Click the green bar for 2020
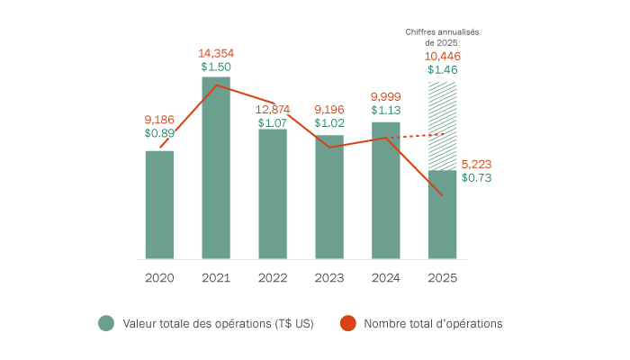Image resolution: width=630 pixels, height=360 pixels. click(x=159, y=205)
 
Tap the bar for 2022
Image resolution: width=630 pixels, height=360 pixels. click(x=273, y=194)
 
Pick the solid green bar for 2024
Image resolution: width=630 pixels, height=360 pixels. click(x=386, y=191)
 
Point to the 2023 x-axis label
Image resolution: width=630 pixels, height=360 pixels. click(x=329, y=278)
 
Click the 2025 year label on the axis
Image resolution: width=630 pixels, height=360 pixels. click(x=442, y=278)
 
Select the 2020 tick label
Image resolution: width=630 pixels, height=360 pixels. click(x=159, y=278)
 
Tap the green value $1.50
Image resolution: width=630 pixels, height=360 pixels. click(x=216, y=67)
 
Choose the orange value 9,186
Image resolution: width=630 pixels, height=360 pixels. click(x=160, y=119)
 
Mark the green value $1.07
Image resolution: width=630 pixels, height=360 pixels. click(x=273, y=122)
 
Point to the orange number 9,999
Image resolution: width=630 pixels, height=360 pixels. click(x=386, y=96)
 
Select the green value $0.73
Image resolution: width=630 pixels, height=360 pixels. click(x=476, y=178)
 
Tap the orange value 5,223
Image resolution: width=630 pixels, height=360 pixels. click(x=476, y=164)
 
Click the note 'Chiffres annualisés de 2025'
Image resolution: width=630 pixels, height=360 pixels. click(x=443, y=37)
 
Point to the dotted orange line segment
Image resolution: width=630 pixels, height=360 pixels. click(x=415, y=136)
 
